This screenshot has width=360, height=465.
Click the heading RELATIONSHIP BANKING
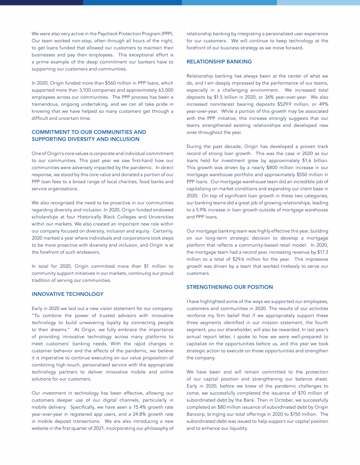coord(219,61)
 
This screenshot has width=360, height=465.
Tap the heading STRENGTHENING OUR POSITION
coord(229,287)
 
